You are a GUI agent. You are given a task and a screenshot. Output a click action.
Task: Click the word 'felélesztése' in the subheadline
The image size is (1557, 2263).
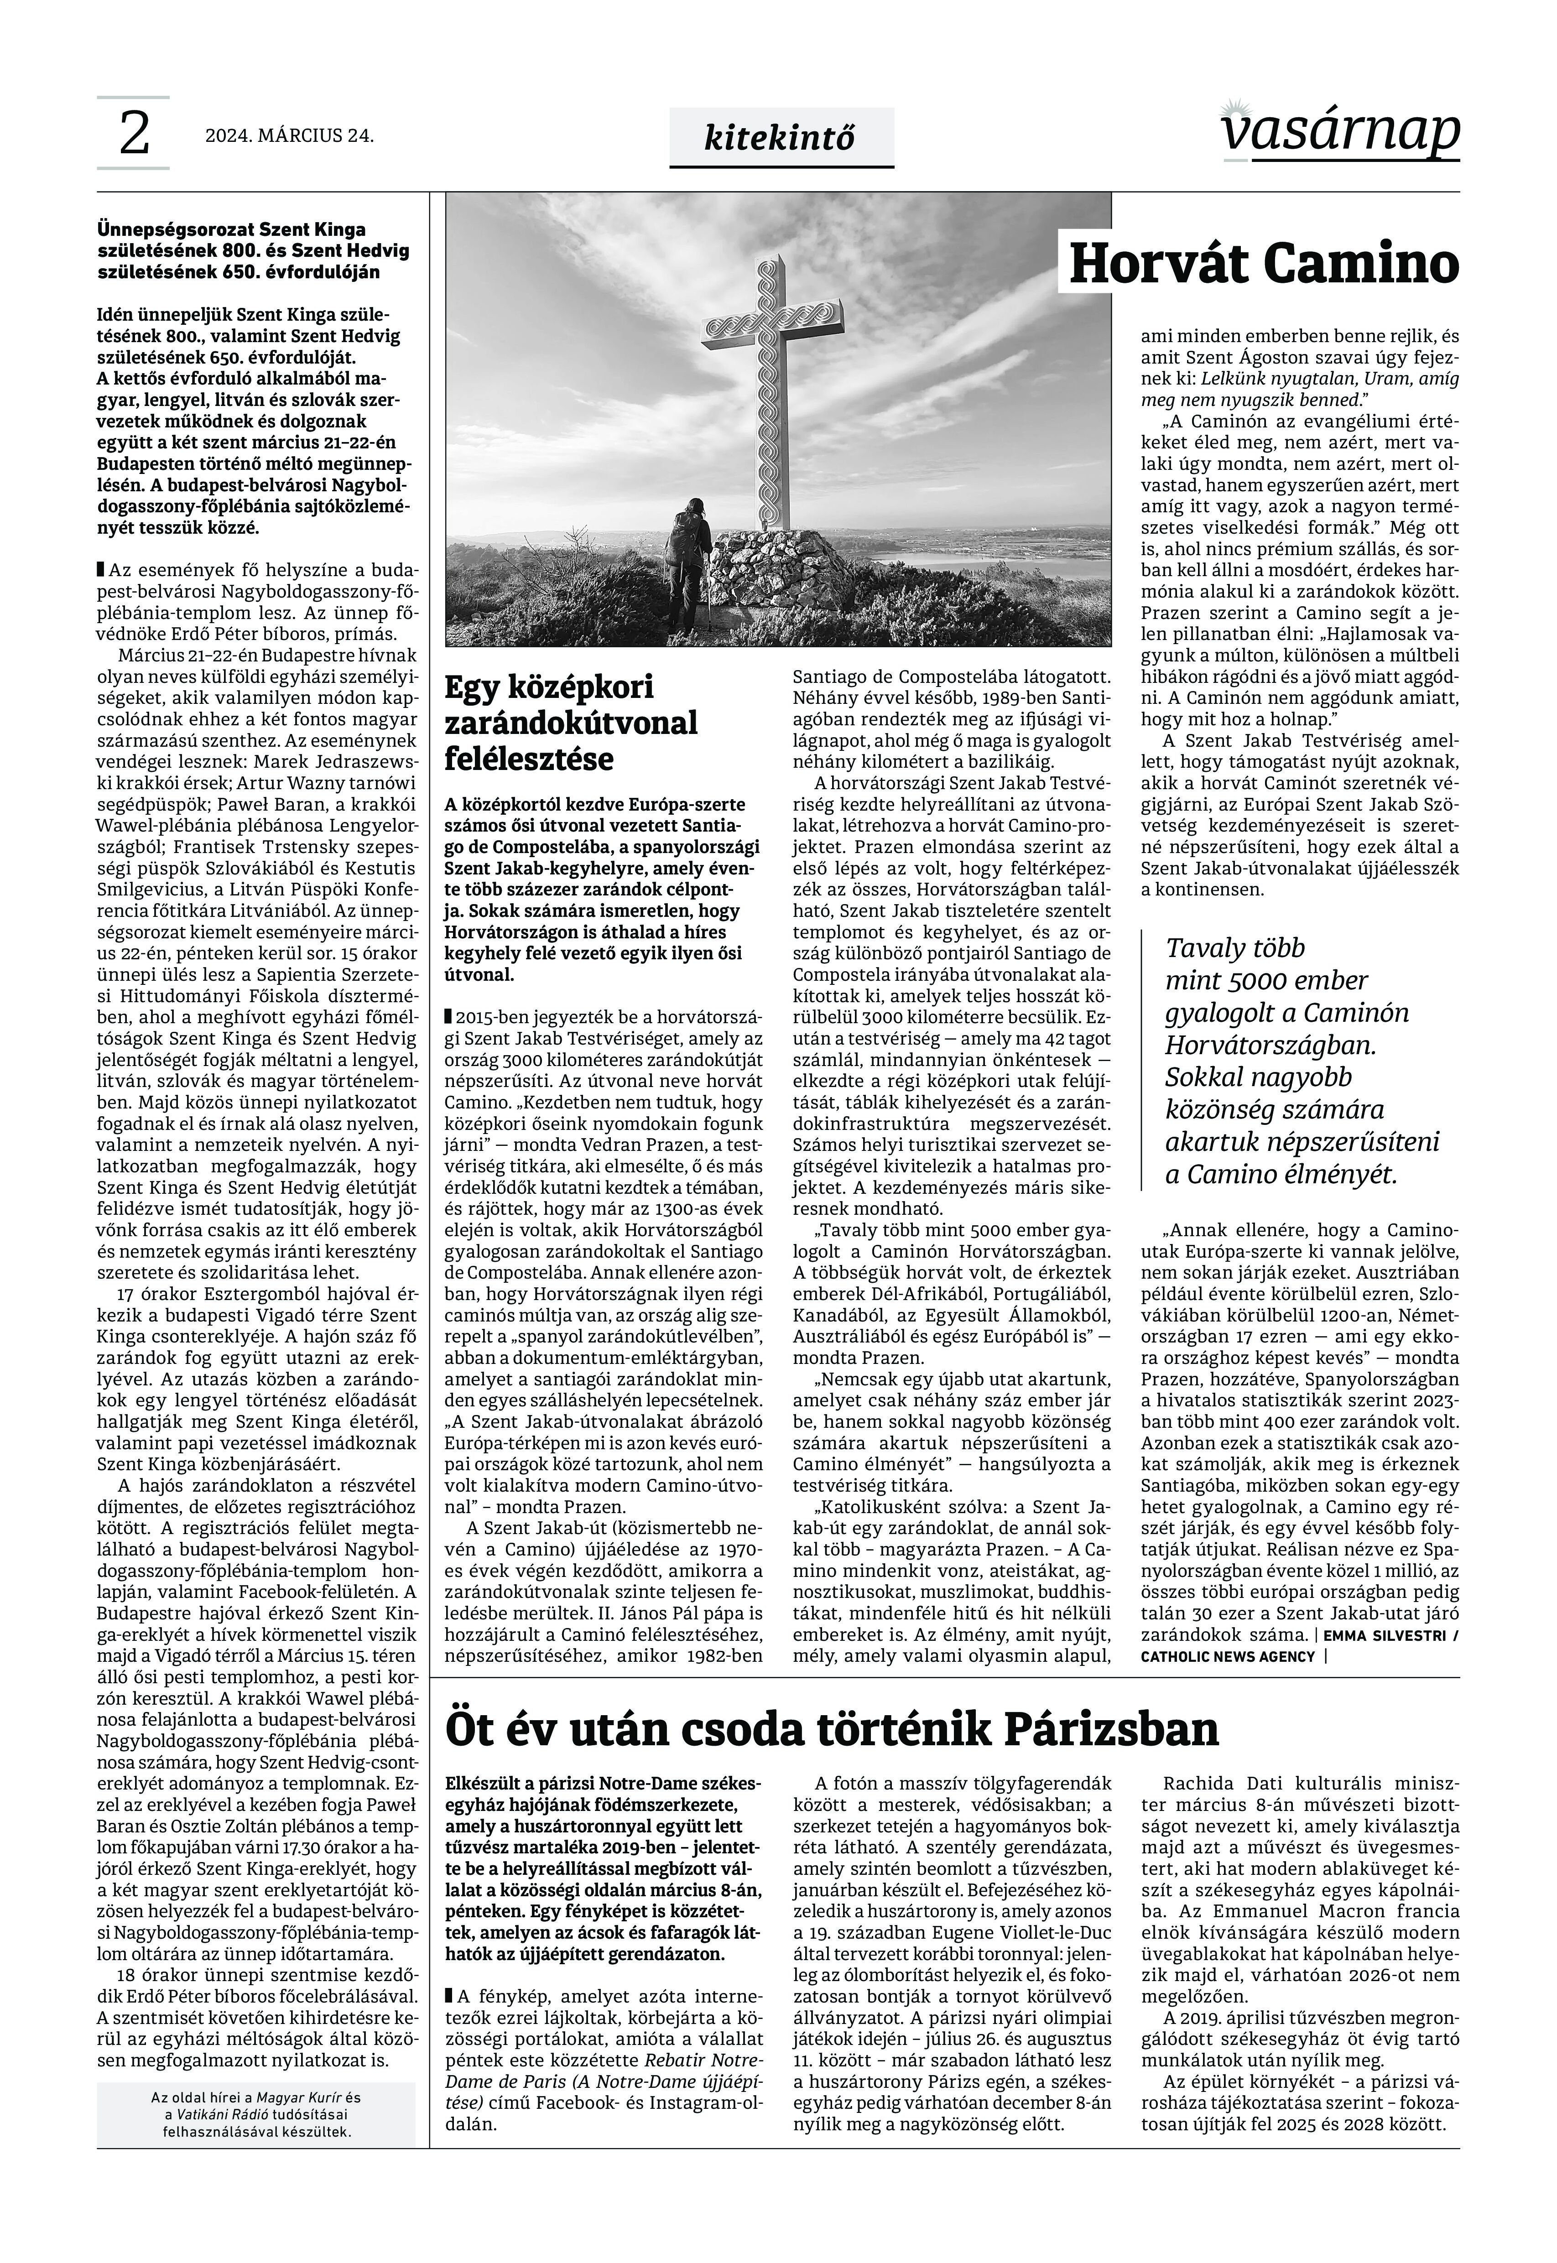point(529,759)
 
